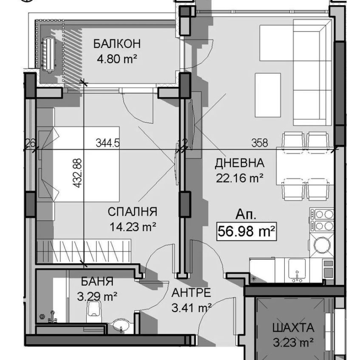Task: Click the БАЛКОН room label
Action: (116, 44)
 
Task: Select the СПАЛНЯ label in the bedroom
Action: (132, 212)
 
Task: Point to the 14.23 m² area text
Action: (132, 227)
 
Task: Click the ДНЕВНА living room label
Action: (240, 163)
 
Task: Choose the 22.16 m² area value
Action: (240, 178)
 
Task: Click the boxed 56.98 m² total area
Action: (246, 230)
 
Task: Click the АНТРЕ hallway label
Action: (192, 293)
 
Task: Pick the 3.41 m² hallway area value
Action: (192, 307)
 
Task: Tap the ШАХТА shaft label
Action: (294, 328)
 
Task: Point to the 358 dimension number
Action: (259, 143)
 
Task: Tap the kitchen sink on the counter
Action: (295, 269)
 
